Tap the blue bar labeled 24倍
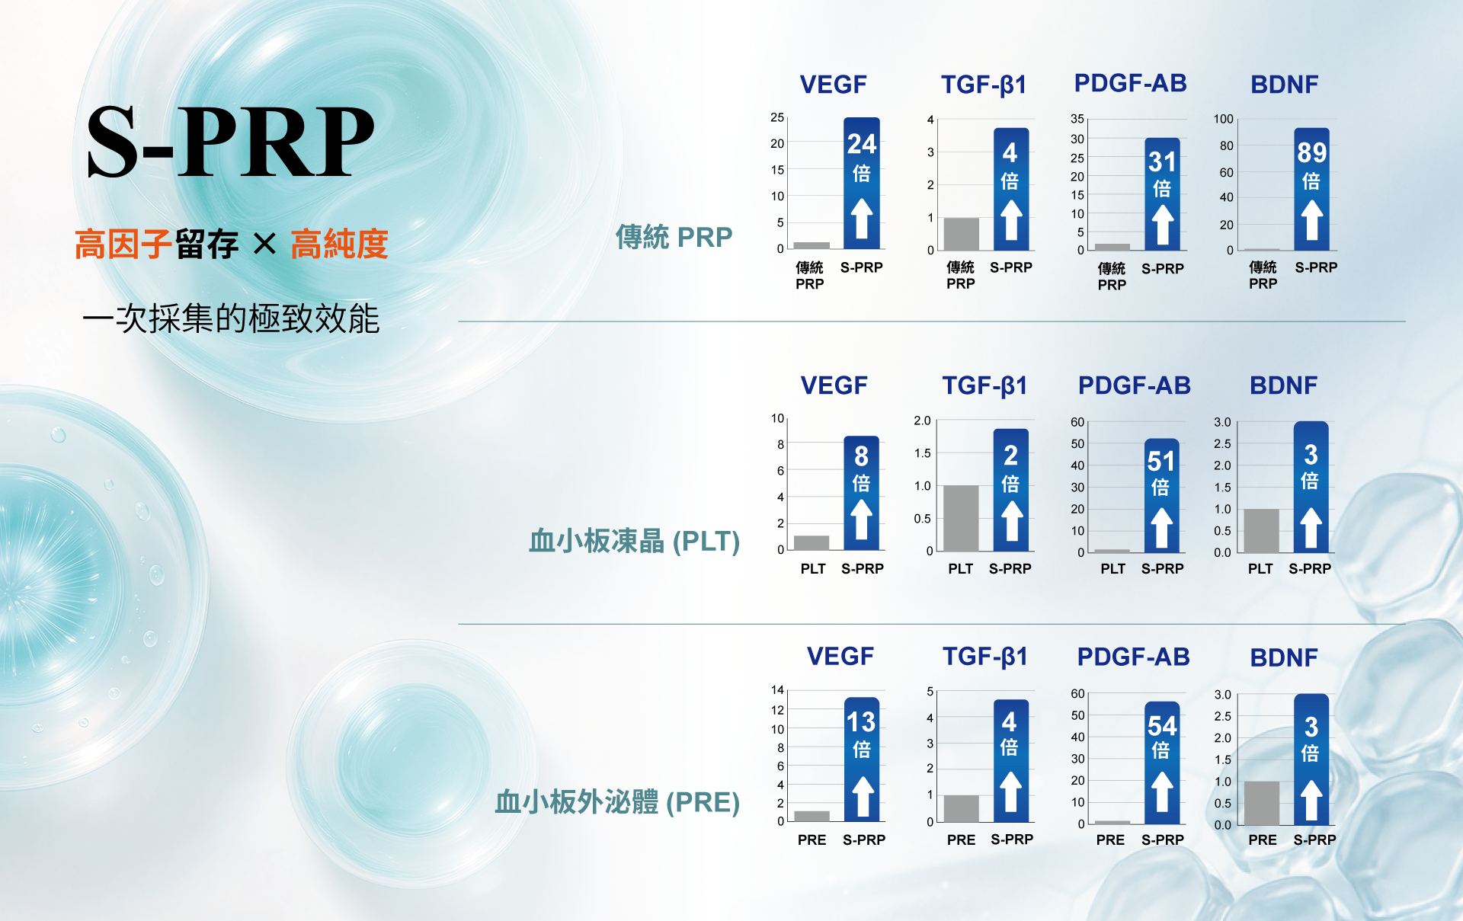[862, 184]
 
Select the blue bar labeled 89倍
[1311, 189]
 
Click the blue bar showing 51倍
[1161, 495]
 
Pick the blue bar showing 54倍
[1162, 763]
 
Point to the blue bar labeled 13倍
[862, 759]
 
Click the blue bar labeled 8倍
[861, 493]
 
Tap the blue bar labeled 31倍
[1162, 193]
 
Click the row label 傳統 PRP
[674, 237]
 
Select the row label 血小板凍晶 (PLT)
[634, 541]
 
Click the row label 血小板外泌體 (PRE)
[617, 801]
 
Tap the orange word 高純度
[339, 245]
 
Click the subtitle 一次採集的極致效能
[230, 318]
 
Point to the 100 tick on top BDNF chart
[1223, 119]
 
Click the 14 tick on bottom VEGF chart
[777, 690]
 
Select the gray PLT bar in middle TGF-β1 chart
[961, 518]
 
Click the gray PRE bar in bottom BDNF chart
[1262, 803]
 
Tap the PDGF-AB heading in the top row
[1130, 83]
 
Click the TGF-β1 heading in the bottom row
[984, 657]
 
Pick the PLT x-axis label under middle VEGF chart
[812, 569]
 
